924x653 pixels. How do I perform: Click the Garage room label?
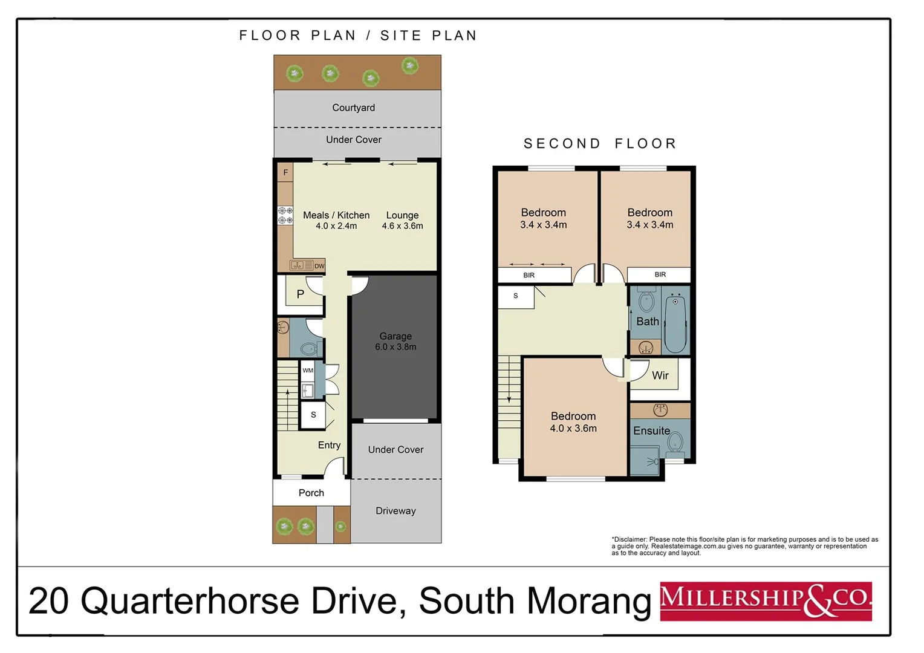[395, 336]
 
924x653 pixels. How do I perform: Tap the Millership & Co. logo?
[765, 601]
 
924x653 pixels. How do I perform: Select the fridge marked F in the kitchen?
[285, 173]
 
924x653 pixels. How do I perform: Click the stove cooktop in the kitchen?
[285, 216]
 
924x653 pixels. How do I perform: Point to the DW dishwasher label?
[319, 266]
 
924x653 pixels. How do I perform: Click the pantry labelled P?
[301, 294]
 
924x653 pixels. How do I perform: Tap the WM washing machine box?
[308, 371]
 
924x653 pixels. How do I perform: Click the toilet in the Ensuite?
[675, 444]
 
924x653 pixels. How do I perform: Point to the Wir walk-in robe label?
[660, 375]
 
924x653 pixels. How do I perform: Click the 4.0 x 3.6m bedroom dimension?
[573, 429]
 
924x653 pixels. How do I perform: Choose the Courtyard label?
[354, 108]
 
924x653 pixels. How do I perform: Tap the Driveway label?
[395, 511]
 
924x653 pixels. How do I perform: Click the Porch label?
[311, 493]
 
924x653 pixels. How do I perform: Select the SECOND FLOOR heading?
[600, 144]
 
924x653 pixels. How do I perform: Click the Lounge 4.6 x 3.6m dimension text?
[403, 226]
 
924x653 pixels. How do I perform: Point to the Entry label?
[329, 445]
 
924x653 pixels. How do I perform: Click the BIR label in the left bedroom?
[529, 275]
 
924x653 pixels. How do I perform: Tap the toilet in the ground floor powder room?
[309, 348]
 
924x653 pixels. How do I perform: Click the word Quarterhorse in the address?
[190, 601]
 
